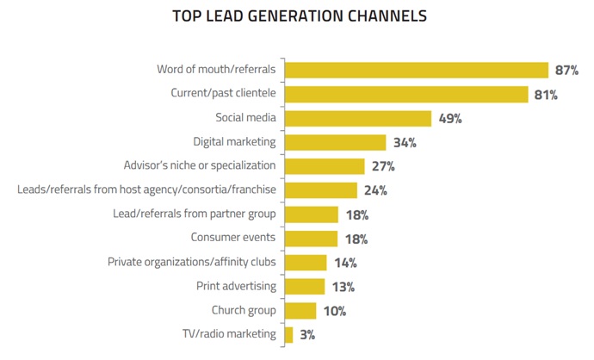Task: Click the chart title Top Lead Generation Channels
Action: pyautogui.click(x=299, y=16)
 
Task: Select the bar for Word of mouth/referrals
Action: pyautogui.click(x=416, y=71)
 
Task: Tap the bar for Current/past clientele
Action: pyautogui.click(x=405, y=95)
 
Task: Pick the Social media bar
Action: pyautogui.click(x=357, y=119)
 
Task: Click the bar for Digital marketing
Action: pyautogui.click(x=335, y=142)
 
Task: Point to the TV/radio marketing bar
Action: pyautogui.click(x=288, y=334)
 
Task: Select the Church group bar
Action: pyautogui.click(x=300, y=310)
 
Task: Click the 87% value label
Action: pyautogui.click(x=568, y=71)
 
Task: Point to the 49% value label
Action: pyautogui.click(x=449, y=119)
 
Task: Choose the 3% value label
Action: pyautogui.click(x=306, y=334)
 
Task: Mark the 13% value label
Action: pyautogui.click(x=343, y=287)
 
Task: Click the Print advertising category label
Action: pyautogui.click(x=237, y=286)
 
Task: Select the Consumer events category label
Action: pyautogui.click(x=233, y=238)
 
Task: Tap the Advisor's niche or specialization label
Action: pyautogui.click(x=200, y=165)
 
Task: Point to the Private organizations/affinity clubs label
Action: pyautogui.click(x=191, y=262)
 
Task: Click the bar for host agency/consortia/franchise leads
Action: pyautogui.click(x=320, y=190)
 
